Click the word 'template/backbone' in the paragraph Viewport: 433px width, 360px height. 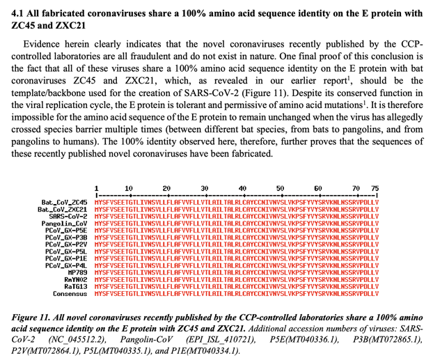(54, 95)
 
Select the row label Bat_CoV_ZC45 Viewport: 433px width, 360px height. (64, 202)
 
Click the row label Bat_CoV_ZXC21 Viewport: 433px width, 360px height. (63, 209)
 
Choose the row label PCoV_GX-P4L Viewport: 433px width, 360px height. (66, 265)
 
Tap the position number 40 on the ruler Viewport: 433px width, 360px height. (242, 188)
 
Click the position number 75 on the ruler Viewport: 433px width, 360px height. (375, 188)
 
